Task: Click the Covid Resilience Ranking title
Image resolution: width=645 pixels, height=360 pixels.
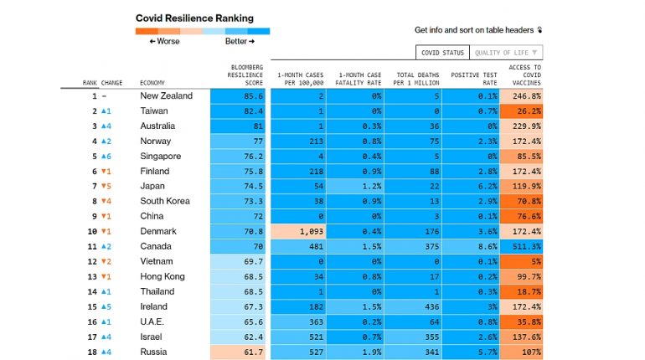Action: (194, 18)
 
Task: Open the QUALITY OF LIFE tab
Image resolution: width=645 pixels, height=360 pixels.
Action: (506, 53)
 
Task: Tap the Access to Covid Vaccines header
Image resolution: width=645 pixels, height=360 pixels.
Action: (524, 75)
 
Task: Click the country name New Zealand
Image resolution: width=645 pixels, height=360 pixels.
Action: (166, 96)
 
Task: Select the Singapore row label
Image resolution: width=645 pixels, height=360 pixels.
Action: (160, 157)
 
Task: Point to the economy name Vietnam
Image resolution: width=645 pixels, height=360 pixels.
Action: (157, 262)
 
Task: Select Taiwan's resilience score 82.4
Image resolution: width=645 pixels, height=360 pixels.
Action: (240, 111)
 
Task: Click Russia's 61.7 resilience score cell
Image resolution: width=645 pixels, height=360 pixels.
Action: (240, 352)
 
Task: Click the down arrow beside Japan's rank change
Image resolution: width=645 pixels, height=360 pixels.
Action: (104, 187)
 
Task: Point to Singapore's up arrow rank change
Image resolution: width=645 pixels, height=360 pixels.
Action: (104, 157)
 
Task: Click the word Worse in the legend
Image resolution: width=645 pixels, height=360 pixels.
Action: (167, 41)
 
